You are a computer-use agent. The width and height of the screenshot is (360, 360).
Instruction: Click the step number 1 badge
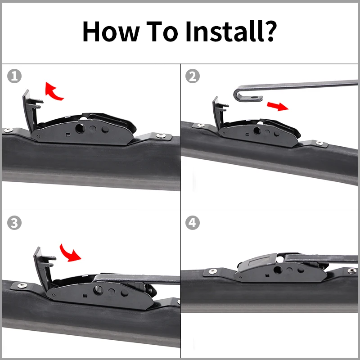(x=14, y=76)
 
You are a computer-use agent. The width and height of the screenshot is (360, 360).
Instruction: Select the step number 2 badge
(x=193, y=76)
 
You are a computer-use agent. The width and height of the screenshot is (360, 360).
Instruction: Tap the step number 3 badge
(x=14, y=223)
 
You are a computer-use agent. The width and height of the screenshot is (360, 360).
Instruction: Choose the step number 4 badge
(x=193, y=223)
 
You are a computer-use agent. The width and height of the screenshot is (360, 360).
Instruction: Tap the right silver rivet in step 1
(x=160, y=135)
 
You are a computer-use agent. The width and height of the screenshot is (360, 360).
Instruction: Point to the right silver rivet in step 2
(x=319, y=143)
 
